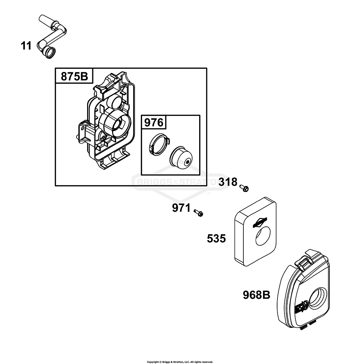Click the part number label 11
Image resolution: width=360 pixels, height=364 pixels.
pyautogui.click(x=26, y=46)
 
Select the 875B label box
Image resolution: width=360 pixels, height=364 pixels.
pyautogui.click(x=74, y=76)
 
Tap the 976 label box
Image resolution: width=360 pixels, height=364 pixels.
pyautogui.click(x=154, y=123)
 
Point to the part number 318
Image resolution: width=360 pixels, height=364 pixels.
pyautogui.click(x=228, y=183)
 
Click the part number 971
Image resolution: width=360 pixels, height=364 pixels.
pyautogui.click(x=181, y=208)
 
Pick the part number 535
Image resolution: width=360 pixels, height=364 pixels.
pyautogui.click(x=216, y=239)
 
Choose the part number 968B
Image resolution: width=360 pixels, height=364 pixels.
pyautogui.click(x=257, y=295)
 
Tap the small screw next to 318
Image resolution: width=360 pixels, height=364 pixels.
pyautogui.click(x=245, y=188)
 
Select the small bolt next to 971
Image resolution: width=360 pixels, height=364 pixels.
pyautogui.click(x=199, y=212)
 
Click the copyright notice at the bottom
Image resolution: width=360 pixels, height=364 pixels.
pyautogui.click(x=180, y=362)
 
